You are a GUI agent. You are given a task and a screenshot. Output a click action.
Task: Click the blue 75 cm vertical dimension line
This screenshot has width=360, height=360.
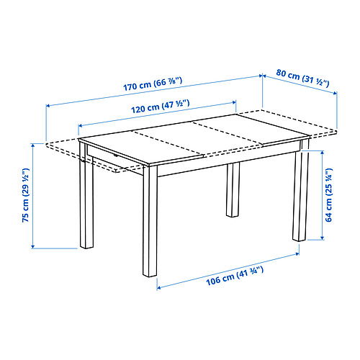point(33,196)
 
